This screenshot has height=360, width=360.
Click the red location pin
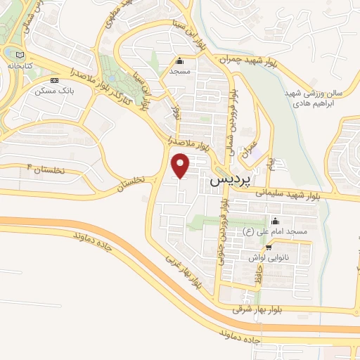point(181,165)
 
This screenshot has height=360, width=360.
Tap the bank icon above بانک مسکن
point(53,80)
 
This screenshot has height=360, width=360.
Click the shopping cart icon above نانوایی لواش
point(269,248)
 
